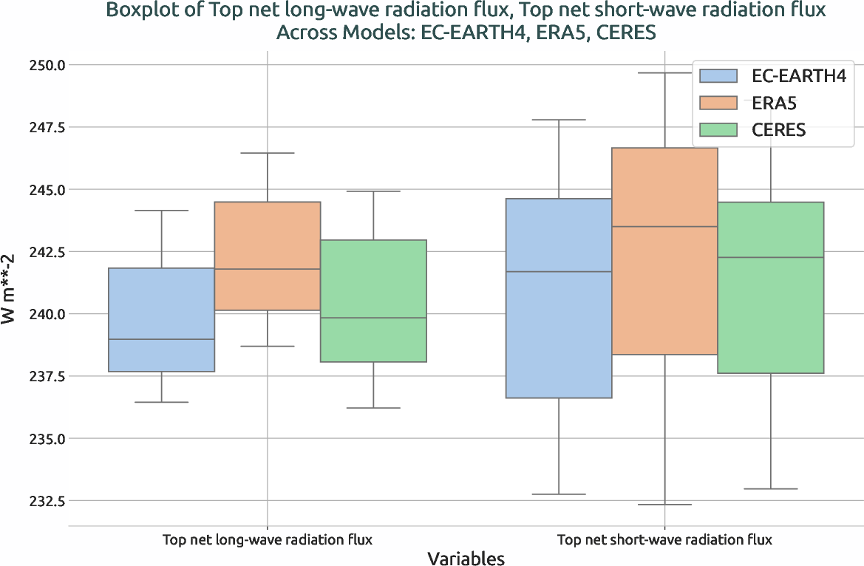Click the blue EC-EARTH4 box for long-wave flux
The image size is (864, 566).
161,319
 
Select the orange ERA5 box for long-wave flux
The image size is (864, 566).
267,256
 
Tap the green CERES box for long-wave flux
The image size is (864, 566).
373,301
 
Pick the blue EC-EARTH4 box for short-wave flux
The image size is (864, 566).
558,298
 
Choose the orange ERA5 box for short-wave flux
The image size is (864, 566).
664,251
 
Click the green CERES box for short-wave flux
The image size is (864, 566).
770,287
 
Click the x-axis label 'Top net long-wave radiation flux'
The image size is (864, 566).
267,539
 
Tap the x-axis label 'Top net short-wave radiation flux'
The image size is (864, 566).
664,539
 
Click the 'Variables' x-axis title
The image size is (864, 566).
466,558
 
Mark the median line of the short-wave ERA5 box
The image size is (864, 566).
664,227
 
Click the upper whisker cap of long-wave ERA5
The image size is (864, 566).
267,153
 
